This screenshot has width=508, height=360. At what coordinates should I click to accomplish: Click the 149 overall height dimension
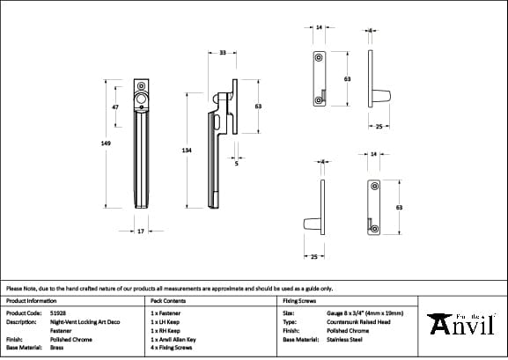(x=106, y=144)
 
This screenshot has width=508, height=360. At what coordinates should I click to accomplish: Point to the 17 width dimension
(x=141, y=231)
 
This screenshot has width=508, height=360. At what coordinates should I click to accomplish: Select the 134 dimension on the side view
(x=187, y=151)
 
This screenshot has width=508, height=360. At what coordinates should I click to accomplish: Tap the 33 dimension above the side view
(x=223, y=54)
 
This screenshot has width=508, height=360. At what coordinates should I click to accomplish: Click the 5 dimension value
(x=237, y=163)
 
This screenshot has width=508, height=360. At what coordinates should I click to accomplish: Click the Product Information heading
(x=31, y=300)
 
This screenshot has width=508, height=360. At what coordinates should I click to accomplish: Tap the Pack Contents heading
(x=168, y=300)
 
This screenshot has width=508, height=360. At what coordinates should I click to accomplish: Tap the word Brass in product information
(x=55, y=348)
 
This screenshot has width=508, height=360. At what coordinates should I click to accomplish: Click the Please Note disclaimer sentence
(x=169, y=288)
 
